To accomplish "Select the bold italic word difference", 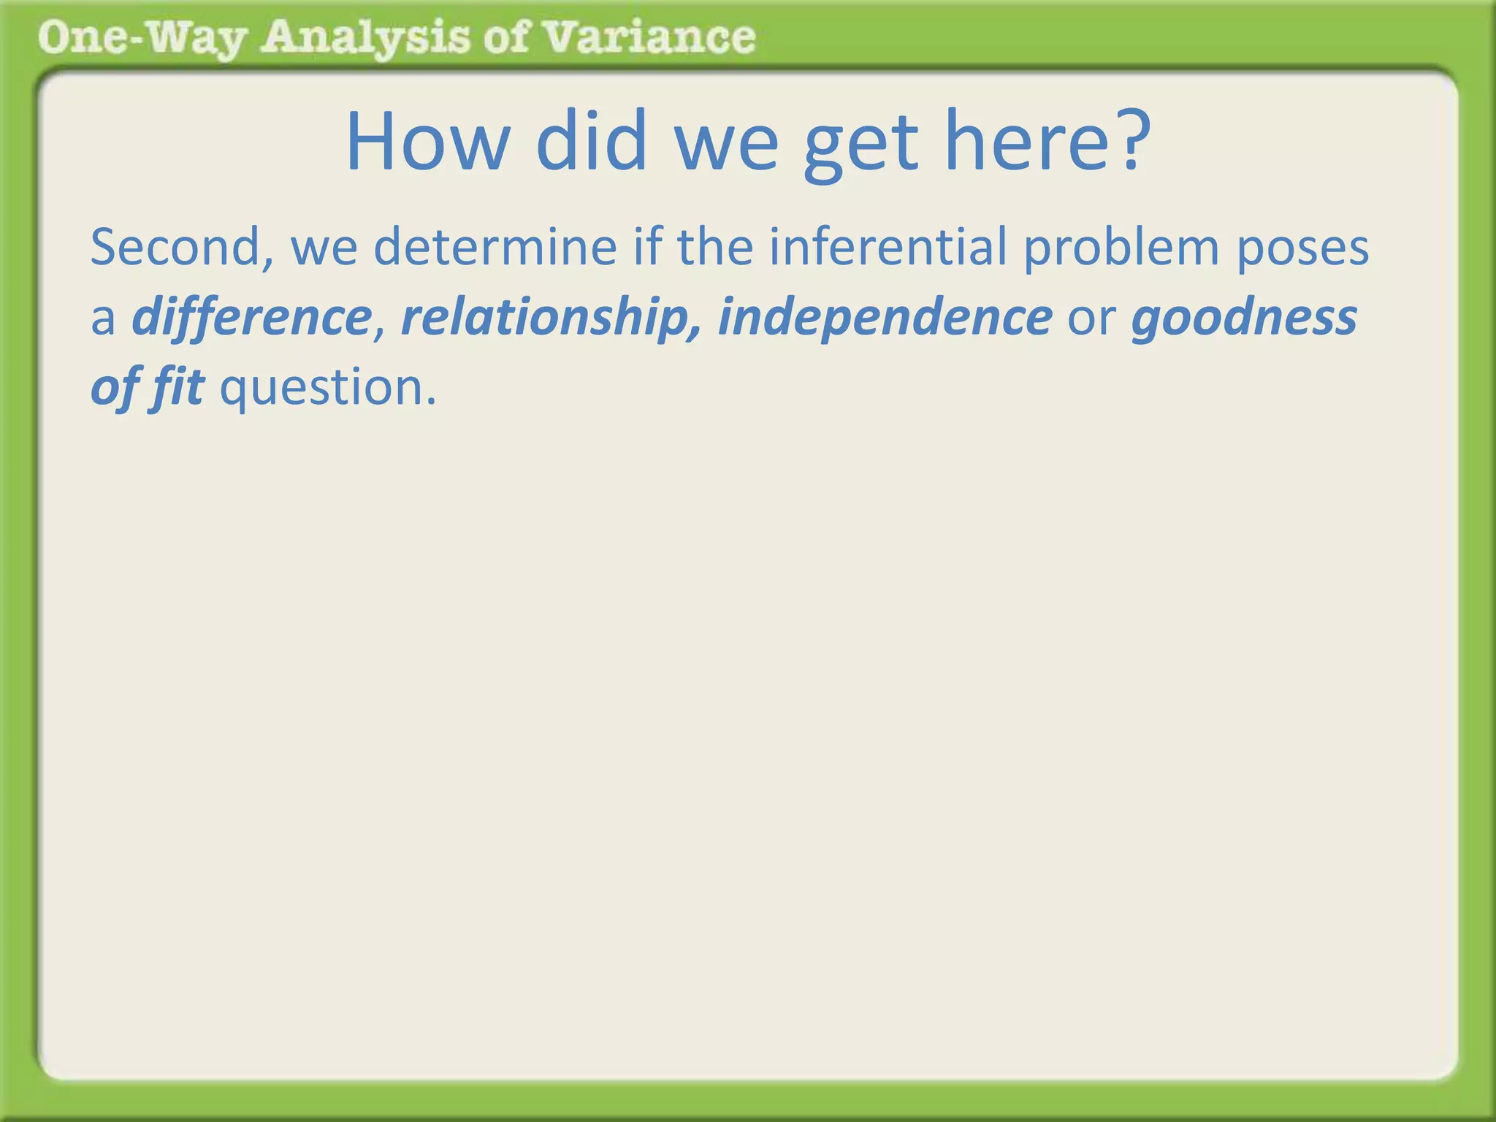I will [x=252, y=318].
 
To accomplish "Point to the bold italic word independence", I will [x=885, y=318].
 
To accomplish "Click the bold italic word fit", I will [x=178, y=387].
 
